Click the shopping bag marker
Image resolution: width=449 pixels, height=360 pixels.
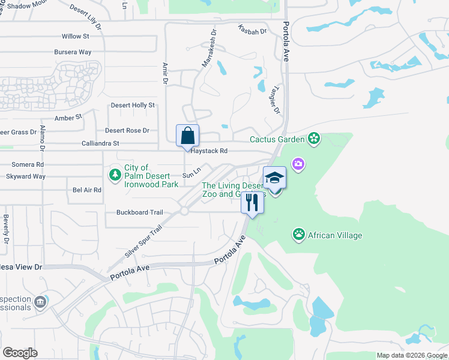click(x=187, y=136)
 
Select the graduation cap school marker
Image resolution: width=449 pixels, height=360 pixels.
click(x=274, y=178)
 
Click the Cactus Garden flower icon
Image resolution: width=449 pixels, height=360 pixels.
click(x=313, y=139)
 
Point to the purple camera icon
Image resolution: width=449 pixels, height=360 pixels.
click(x=298, y=163)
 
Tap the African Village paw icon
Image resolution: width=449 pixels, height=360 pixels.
click(x=298, y=234)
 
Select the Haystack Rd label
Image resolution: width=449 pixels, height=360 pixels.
click(x=209, y=151)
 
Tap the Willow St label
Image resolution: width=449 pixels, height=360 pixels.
click(x=75, y=36)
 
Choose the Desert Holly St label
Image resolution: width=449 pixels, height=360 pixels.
click(x=133, y=105)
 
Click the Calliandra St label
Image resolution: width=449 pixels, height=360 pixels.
click(x=100, y=143)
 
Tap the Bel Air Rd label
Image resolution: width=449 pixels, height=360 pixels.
click(x=87, y=190)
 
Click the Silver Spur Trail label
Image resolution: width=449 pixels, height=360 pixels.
click(x=144, y=242)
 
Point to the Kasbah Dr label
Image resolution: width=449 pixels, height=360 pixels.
click(x=252, y=30)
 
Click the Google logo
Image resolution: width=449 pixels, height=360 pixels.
click(x=20, y=352)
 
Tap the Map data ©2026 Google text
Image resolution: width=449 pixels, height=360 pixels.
click(x=411, y=355)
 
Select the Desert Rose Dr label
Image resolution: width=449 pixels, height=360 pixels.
click(x=127, y=130)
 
